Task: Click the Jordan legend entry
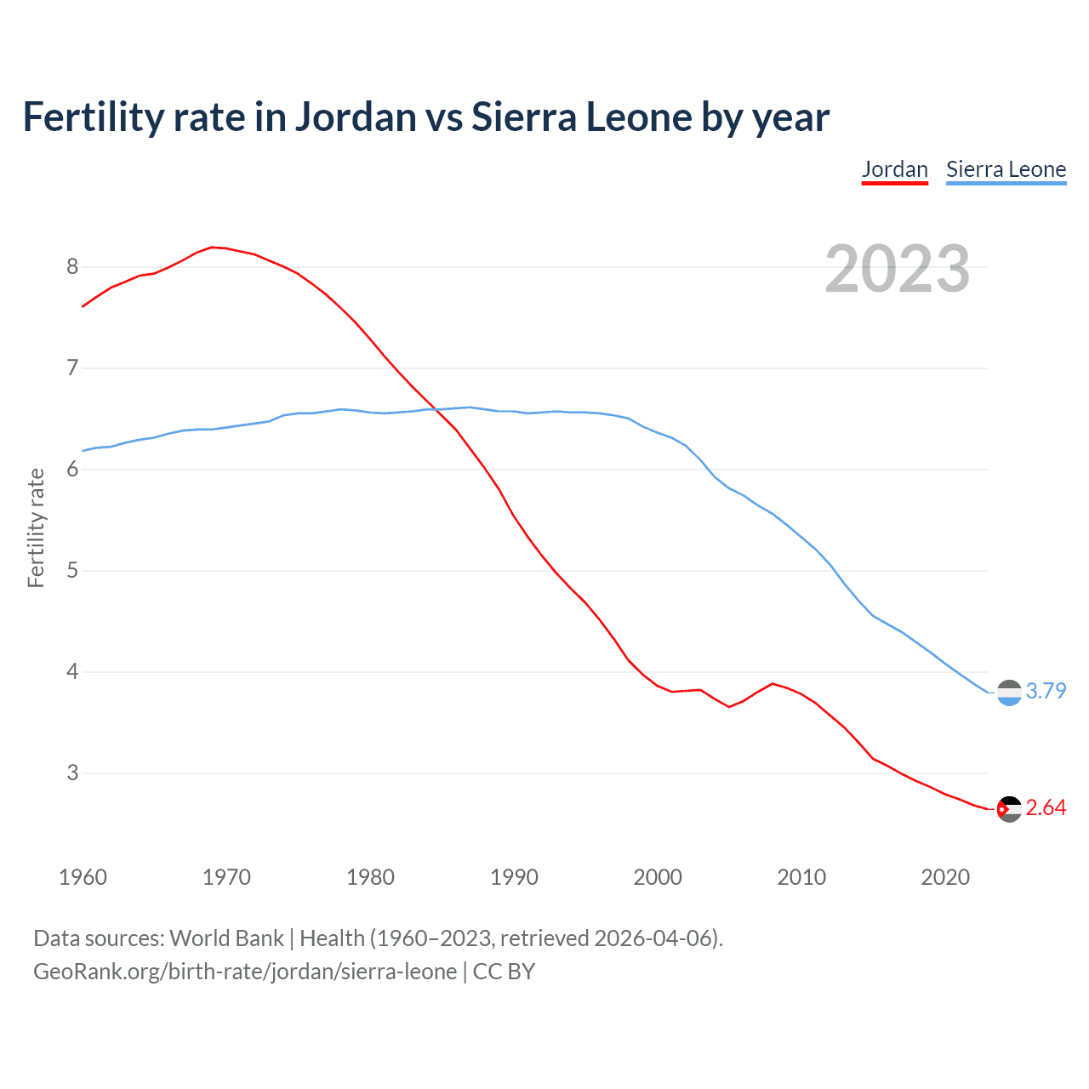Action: (x=894, y=169)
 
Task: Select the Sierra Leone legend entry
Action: (x=1006, y=169)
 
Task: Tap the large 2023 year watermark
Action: (x=898, y=269)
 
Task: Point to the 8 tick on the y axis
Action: (x=72, y=267)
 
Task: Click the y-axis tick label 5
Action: (x=72, y=571)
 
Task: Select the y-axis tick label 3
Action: (x=72, y=773)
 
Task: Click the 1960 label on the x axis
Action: (x=83, y=877)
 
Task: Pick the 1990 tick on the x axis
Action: (x=514, y=877)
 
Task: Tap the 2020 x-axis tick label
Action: (x=945, y=877)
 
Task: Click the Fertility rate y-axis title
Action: (x=36, y=527)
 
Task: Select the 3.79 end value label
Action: (x=1046, y=691)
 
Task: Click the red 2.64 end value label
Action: (x=1046, y=807)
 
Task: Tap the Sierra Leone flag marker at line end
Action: (x=1009, y=693)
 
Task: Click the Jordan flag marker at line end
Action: (x=1009, y=809)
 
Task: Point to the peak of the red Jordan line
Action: (x=213, y=248)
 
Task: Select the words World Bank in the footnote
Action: (x=226, y=938)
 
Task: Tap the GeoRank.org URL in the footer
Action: (x=245, y=972)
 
